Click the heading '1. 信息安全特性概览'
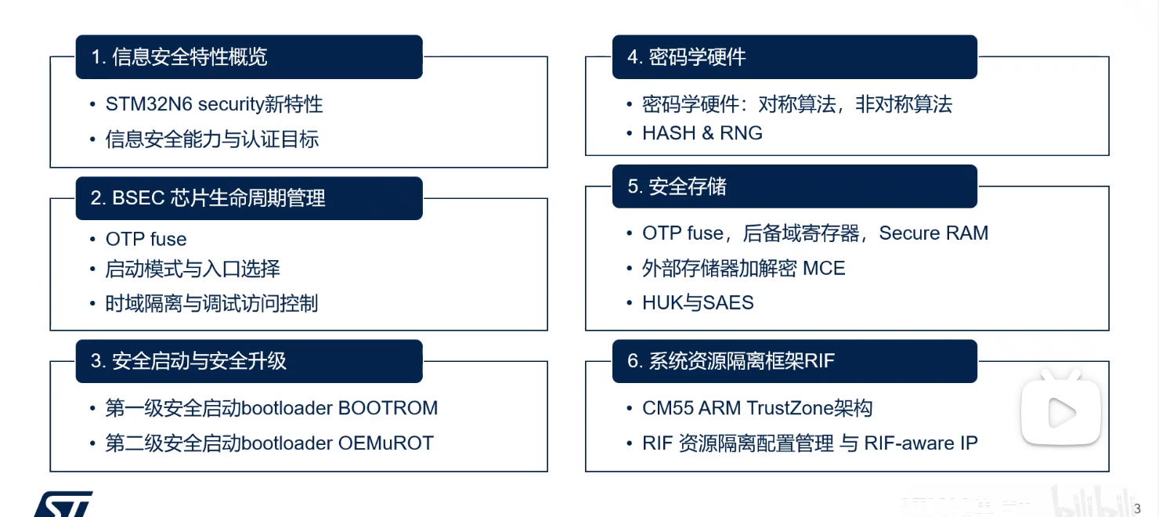click(179, 57)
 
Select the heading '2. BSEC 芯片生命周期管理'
click(208, 198)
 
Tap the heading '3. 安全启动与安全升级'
click(189, 361)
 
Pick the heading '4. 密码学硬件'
click(686, 57)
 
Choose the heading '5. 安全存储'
click(677, 186)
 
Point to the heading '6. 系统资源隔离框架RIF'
click(731, 361)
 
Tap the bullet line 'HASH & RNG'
click(702, 133)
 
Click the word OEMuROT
click(385, 443)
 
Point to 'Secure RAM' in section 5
click(933, 233)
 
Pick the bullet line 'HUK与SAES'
click(697, 303)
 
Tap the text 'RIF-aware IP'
click(920, 443)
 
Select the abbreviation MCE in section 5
click(824, 269)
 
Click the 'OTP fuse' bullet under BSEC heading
click(146, 239)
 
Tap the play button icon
click(1061, 413)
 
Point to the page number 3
click(1137, 508)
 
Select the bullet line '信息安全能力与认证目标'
click(211, 140)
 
